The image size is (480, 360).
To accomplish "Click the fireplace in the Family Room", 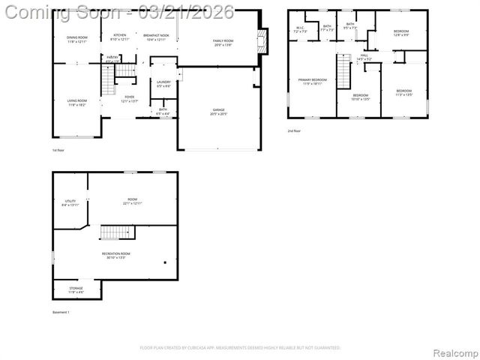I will coord(261,42).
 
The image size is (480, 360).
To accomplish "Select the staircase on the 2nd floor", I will coord(343,73).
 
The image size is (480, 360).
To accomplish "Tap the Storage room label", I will coord(76,289).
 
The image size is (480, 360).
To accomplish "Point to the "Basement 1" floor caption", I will coord(61,312).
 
